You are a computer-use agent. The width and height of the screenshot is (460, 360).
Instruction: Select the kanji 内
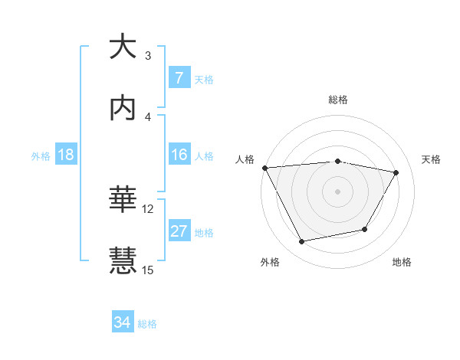123,108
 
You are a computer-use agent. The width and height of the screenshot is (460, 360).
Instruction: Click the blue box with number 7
179,78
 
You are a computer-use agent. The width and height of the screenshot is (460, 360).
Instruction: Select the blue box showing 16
179,155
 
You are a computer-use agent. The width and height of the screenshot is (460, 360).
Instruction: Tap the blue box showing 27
179,231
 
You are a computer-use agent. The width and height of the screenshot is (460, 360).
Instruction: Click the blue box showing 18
66,155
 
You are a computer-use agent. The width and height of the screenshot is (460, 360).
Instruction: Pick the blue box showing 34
123,323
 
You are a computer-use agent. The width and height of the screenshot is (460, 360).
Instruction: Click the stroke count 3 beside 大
148,55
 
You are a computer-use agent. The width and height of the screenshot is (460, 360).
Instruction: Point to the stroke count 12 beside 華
148,208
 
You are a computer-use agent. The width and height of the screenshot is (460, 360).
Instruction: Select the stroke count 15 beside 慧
148,270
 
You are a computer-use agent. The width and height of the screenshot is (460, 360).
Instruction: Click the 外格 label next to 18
41,155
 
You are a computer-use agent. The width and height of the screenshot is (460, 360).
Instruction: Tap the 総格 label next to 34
147,324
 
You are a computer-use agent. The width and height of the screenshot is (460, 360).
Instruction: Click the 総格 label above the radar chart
338,100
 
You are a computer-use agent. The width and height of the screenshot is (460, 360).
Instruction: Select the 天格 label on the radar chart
432,159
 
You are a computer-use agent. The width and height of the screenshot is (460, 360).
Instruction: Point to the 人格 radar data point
264,168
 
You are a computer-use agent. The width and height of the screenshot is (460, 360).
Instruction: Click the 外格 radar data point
301,242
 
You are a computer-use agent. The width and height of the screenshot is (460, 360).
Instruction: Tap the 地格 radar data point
365,229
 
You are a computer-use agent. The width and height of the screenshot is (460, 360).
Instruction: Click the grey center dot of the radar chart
338,191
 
